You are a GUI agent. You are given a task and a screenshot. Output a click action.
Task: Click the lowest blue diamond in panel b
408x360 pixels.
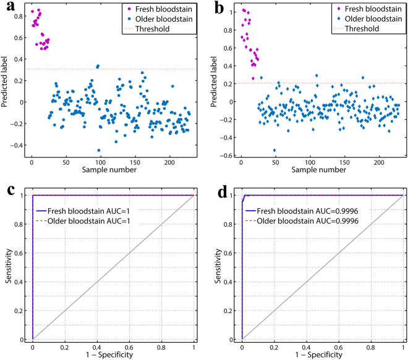point(274,150)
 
